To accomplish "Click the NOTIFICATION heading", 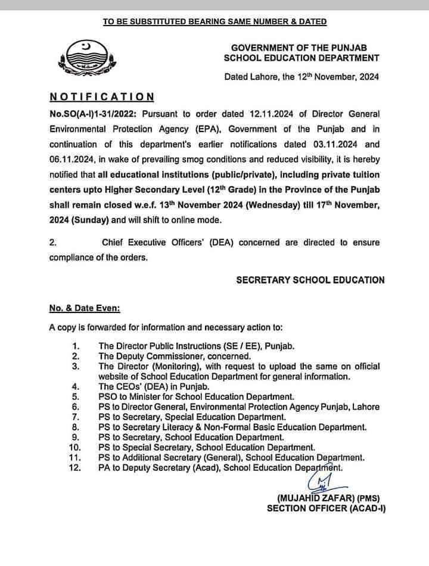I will click(x=102, y=96).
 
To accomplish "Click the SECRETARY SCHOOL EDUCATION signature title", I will click(x=310, y=280).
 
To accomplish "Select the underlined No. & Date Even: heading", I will click(x=85, y=309).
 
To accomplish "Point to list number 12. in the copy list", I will click(x=75, y=469).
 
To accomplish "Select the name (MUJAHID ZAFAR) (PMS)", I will click(x=328, y=498).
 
